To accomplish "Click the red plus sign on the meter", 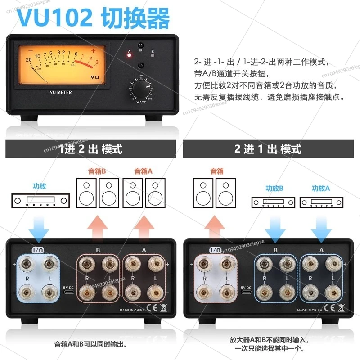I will pyautogui.click(x=93, y=50).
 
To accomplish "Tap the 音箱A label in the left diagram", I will pyautogui.click(x=144, y=171).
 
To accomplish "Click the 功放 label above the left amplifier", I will pyautogui.click(x=39, y=185).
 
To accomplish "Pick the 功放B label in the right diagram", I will pyautogui.click(x=274, y=189).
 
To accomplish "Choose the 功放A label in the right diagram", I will pyautogui.click(x=321, y=189).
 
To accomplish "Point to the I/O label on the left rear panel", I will pyautogui.click(x=38, y=250).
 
